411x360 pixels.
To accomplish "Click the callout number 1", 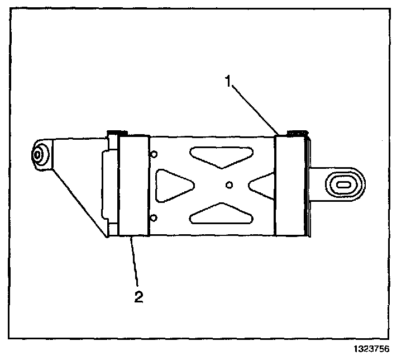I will pyautogui.click(x=228, y=82).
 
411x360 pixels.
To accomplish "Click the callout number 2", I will pyautogui.click(x=138, y=296).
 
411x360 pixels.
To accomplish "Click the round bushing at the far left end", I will pyautogui.click(x=39, y=154).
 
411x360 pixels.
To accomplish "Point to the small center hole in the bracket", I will pyautogui.click(x=228, y=184).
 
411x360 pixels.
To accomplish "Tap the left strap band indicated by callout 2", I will pyautogui.click(x=134, y=184).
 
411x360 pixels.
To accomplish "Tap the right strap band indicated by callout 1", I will pyautogui.click(x=290, y=184).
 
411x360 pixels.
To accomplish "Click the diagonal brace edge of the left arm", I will pyautogui.click(x=78, y=201).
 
